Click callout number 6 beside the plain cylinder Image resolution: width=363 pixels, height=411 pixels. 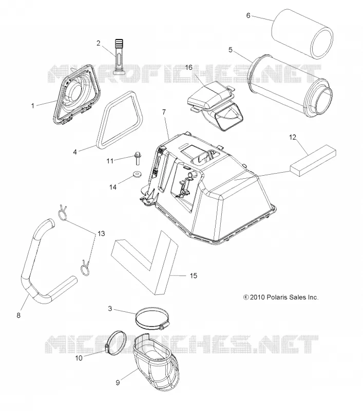[x=249, y=15]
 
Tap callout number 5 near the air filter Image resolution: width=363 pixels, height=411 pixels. [x=231, y=49]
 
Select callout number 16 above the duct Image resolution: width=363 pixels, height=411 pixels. [x=188, y=67]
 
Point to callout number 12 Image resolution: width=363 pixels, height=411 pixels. [x=293, y=137]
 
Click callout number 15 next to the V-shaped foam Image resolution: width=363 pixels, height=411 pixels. [x=193, y=275]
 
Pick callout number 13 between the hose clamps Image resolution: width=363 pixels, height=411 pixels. [x=101, y=233]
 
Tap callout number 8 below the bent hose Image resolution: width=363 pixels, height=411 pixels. [x=18, y=315]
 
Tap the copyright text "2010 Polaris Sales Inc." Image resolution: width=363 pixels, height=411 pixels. [x=284, y=297]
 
